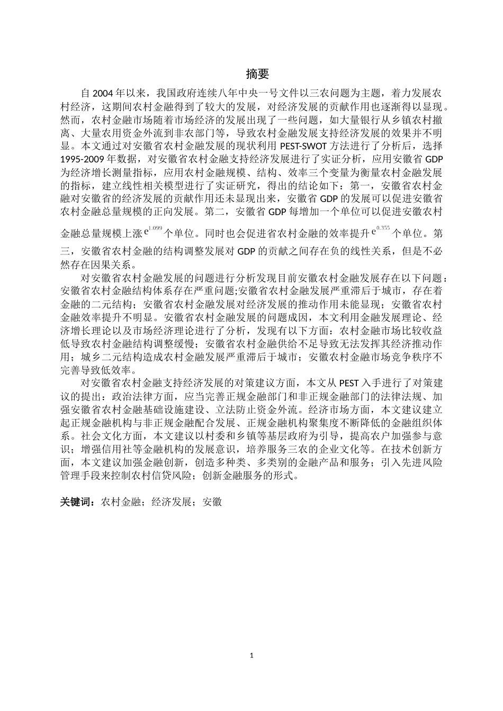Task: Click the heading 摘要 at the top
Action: pos(257,74)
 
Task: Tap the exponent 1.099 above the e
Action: pos(155,228)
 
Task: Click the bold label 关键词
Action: pos(77,502)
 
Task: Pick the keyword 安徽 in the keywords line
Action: pos(212,502)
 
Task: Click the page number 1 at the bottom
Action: pos(251,655)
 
